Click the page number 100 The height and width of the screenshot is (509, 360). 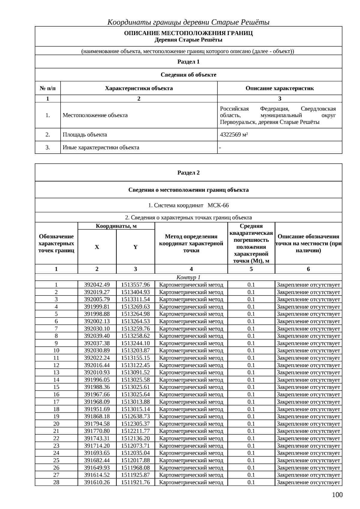coord(337,495)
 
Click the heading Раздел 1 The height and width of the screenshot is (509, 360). coord(188,62)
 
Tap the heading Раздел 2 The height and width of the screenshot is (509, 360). coord(188,173)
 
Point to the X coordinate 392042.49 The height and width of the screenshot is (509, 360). coord(97,285)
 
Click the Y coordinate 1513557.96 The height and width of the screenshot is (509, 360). coord(135,285)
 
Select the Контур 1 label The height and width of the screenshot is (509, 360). coord(188,277)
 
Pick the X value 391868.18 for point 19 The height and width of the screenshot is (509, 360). coord(97,416)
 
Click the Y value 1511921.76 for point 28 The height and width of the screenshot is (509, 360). coord(135,482)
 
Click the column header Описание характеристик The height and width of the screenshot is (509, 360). coord(280,88)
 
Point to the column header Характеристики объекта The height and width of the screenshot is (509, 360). coord(139,88)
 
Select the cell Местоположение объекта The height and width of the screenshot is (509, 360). coord(95,115)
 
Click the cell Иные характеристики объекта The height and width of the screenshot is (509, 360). coord(101,148)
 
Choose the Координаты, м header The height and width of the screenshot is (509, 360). coord(116,226)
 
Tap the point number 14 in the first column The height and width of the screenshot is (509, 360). coord(56,380)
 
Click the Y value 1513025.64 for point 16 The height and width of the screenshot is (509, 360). coord(135,394)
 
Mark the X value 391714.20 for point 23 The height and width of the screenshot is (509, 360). coord(97,446)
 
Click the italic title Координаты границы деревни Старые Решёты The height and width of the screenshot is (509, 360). coord(188,22)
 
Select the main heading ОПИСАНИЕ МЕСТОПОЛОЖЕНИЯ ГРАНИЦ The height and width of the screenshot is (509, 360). coord(188,33)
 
